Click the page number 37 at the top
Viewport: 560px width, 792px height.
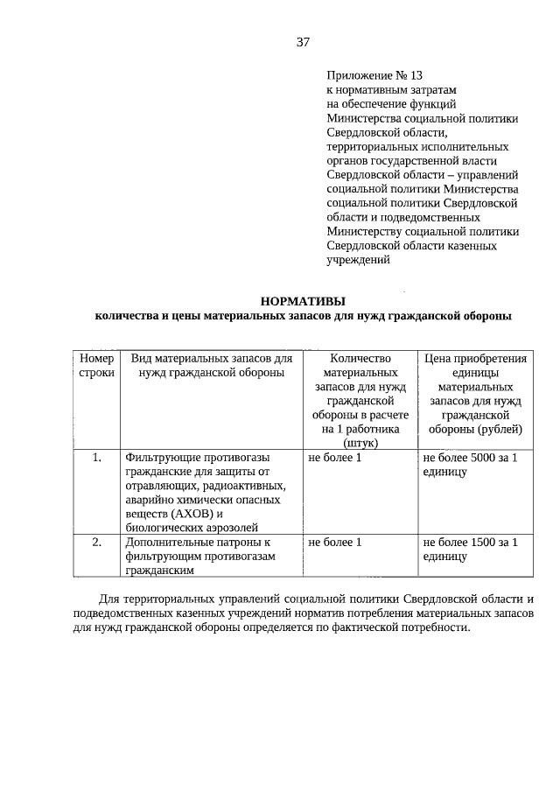[x=303, y=41]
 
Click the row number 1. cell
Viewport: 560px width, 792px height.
[x=96, y=457]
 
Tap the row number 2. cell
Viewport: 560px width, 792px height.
[x=96, y=542]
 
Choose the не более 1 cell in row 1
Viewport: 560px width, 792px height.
[x=334, y=457]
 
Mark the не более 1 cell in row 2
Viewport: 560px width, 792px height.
[x=334, y=542]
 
